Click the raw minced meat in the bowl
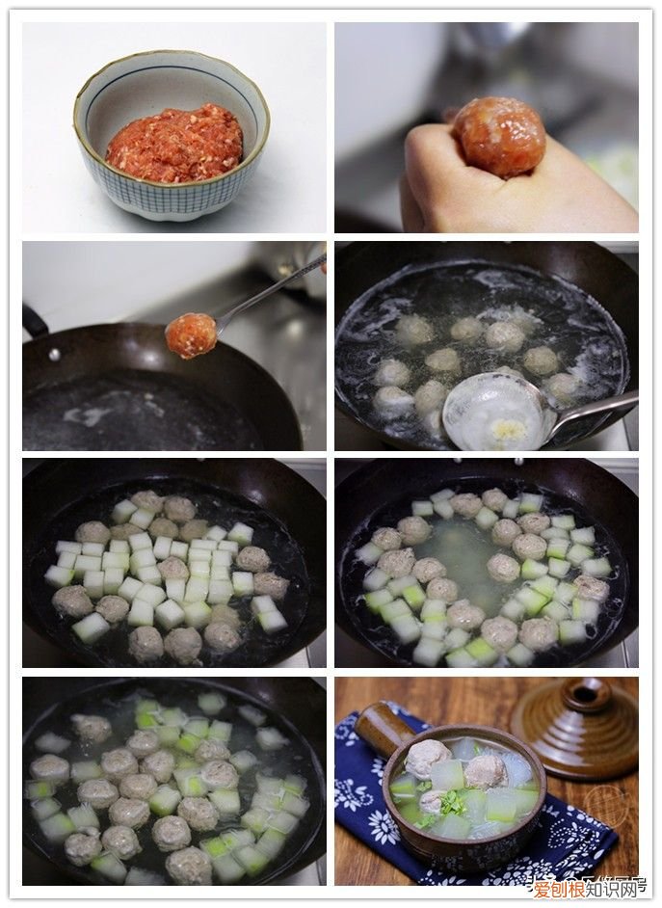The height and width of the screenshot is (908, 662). tap(174, 145)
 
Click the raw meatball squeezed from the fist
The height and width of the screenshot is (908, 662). tap(498, 136)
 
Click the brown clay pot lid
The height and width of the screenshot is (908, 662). tap(574, 724)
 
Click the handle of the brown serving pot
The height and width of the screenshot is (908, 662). tap(384, 729)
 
